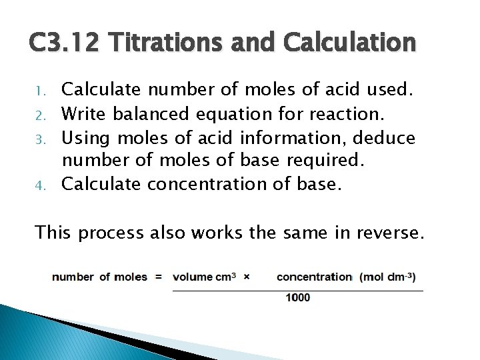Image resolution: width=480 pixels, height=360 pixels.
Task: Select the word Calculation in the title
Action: click(350, 43)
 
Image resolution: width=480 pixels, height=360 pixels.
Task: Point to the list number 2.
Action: click(39, 115)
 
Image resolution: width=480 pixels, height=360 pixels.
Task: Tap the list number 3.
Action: click(39, 139)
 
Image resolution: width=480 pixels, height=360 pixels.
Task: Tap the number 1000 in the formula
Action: click(297, 297)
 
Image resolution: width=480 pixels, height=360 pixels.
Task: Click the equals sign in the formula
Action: click(158, 277)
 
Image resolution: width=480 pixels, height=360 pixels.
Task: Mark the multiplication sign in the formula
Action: click(246, 276)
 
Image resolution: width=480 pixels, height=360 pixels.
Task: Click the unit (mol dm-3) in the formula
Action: click(387, 277)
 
